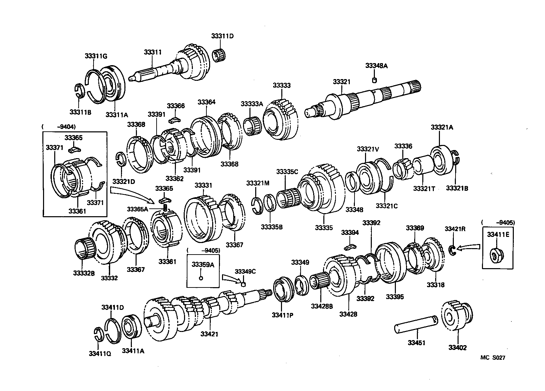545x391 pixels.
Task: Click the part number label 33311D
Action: (222, 36)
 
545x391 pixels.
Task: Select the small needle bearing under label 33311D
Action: (221, 56)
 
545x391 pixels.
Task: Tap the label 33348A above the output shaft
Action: (376, 66)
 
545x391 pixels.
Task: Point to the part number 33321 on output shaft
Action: (341, 82)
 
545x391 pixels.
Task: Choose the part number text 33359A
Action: (203, 265)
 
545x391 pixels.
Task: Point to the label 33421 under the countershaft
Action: (209, 334)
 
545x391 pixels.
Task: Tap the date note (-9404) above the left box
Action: (59, 127)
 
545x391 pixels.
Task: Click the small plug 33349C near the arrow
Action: (243, 283)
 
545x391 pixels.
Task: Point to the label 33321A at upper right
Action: (442, 127)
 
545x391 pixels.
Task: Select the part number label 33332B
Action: (84, 273)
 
